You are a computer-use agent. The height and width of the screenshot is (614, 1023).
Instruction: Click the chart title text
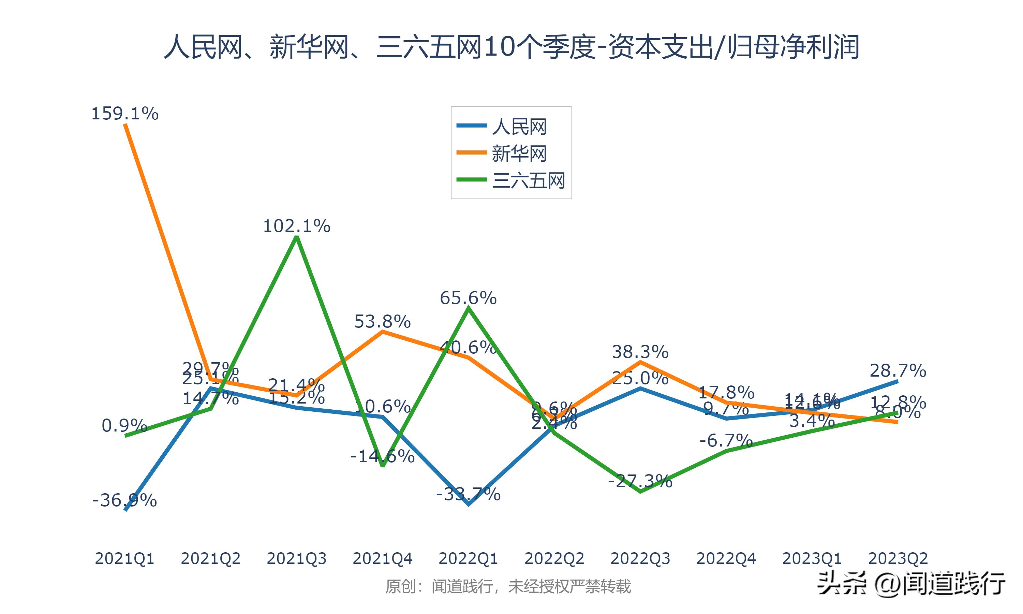click(512, 47)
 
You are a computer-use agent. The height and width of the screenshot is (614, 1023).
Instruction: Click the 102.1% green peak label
click(296, 226)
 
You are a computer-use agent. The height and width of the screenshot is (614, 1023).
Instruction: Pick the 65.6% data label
click(468, 298)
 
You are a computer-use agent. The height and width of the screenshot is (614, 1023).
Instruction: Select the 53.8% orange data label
click(383, 321)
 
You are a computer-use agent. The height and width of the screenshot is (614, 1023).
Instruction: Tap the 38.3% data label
click(640, 352)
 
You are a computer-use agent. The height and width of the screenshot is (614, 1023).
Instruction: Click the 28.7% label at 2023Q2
click(898, 371)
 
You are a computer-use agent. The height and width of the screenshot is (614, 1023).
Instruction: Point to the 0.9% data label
click(124, 426)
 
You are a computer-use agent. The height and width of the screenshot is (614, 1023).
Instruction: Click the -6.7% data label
click(726, 441)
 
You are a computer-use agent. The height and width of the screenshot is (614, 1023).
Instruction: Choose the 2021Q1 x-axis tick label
click(124, 558)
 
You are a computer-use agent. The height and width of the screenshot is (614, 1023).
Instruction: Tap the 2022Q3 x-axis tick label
click(640, 558)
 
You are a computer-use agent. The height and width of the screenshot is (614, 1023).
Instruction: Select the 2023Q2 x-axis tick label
click(898, 558)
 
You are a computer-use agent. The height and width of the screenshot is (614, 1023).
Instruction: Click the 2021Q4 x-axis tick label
click(383, 558)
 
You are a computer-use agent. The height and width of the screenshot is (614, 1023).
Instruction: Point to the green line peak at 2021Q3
click(296, 237)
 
